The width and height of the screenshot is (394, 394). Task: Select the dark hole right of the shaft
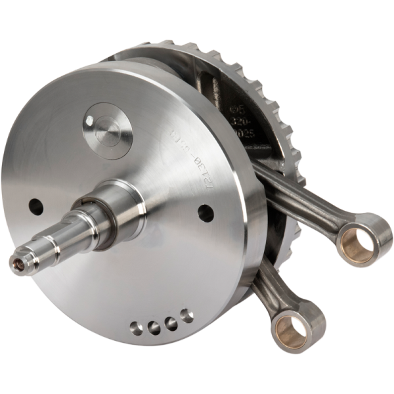tap(205, 212)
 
